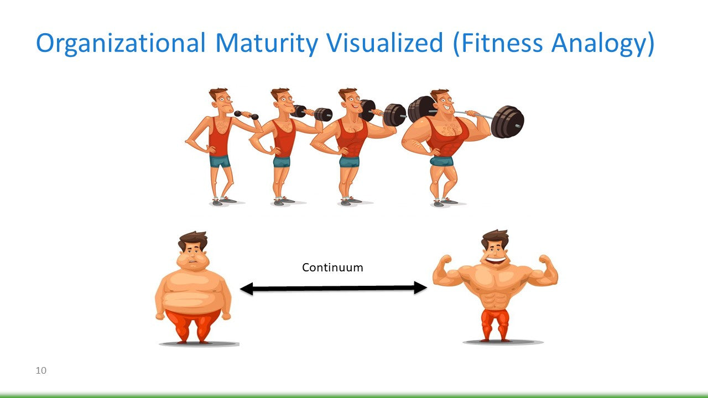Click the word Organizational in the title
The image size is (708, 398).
point(121,44)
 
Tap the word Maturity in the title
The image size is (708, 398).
point(267,44)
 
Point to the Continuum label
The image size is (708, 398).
point(332,268)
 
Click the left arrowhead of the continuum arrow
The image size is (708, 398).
point(247,289)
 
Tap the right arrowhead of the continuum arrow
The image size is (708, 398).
point(420,288)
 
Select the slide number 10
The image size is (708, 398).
point(41,370)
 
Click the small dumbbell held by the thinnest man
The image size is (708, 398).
point(246,115)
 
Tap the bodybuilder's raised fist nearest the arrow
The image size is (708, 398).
point(446,260)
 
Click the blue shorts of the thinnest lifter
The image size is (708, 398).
point(220,161)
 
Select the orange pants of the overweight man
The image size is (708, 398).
point(192,326)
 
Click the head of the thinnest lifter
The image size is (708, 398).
point(221,100)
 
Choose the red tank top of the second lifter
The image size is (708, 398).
point(284,138)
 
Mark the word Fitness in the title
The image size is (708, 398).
point(502,43)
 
